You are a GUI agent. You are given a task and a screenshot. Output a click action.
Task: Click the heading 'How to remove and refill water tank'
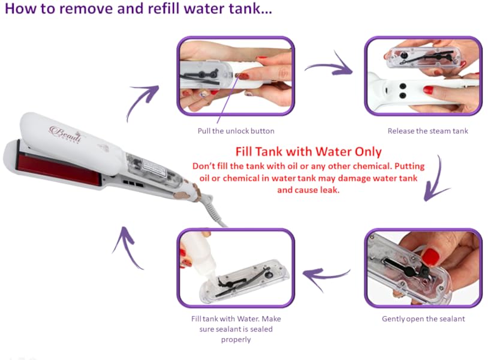[x=138, y=8]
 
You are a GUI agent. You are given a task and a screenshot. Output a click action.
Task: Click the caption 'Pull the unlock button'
[x=236, y=131]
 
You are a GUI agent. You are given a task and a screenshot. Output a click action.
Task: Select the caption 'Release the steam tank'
[x=427, y=131]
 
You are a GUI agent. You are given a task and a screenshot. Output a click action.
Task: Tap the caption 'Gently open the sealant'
[x=423, y=319]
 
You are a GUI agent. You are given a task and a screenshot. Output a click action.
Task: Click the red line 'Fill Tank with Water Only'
[x=308, y=152]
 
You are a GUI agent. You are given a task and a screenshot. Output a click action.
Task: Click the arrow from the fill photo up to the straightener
[x=128, y=246]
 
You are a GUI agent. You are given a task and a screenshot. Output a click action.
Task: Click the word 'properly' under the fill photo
[x=236, y=340]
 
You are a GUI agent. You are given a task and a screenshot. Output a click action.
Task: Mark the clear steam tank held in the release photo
[x=424, y=58]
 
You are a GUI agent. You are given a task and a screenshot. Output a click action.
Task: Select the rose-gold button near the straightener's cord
[x=195, y=189]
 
